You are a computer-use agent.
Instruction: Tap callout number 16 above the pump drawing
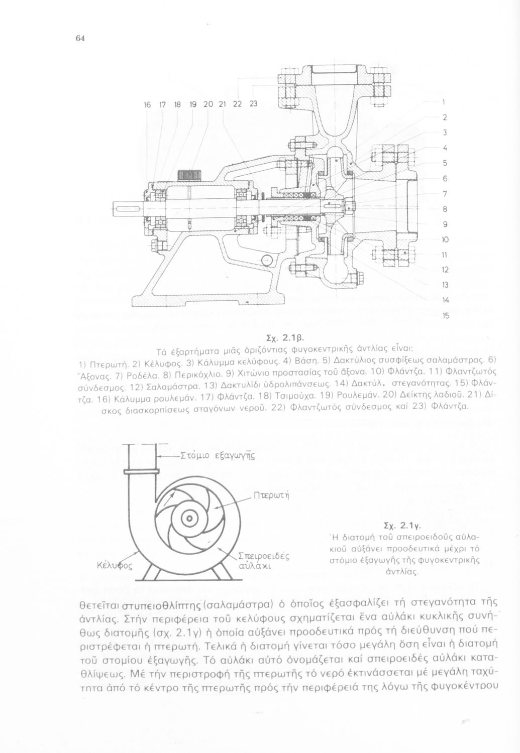(x=147, y=104)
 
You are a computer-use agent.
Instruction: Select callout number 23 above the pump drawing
(x=253, y=104)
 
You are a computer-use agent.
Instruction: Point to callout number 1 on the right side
(x=444, y=101)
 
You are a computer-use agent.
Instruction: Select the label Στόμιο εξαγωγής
(x=218, y=456)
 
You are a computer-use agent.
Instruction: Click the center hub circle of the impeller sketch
(x=189, y=518)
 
